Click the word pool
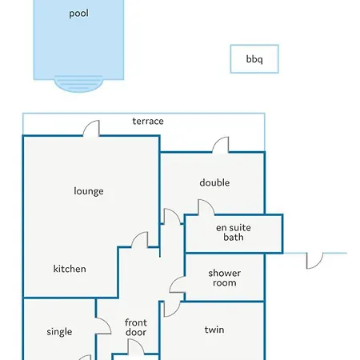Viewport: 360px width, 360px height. pyautogui.click(x=78, y=14)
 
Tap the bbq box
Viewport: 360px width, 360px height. pyautogui.click(x=254, y=59)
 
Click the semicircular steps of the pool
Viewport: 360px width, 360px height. pyautogui.click(x=78, y=84)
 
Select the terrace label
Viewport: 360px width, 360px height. pyautogui.click(x=148, y=122)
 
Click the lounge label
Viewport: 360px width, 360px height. pyautogui.click(x=89, y=191)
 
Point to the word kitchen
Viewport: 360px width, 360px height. pyautogui.click(x=70, y=269)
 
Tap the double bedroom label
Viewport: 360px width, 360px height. pyautogui.click(x=214, y=182)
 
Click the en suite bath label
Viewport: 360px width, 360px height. pyautogui.click(x=234, y=232)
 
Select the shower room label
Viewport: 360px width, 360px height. pyautogui.click(x=225, y=278)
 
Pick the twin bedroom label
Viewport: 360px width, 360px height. pyautogui.click(x=214, y=330)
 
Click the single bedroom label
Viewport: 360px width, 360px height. pyautogui.click(x=59, y=332)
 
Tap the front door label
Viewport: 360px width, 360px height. pyautogui.click(x=136, y=327)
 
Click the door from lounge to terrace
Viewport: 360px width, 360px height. pyautogui.click(x=91, y=129)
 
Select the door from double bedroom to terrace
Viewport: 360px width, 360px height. pyautogui.click(x=221, y=145)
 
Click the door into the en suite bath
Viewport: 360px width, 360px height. pyautogui.click(x=206, y=207)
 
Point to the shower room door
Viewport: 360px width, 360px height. pyautogui.click(x=178, y=285)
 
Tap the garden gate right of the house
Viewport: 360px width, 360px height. pyautogui.click(x=314, y=261)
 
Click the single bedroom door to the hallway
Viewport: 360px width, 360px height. pyautogui.click(x=103, y=326)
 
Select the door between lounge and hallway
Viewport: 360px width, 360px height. pyautogui.click(x=139, y=240)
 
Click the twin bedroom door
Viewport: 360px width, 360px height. pyautogui.click(x=172, y=309)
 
